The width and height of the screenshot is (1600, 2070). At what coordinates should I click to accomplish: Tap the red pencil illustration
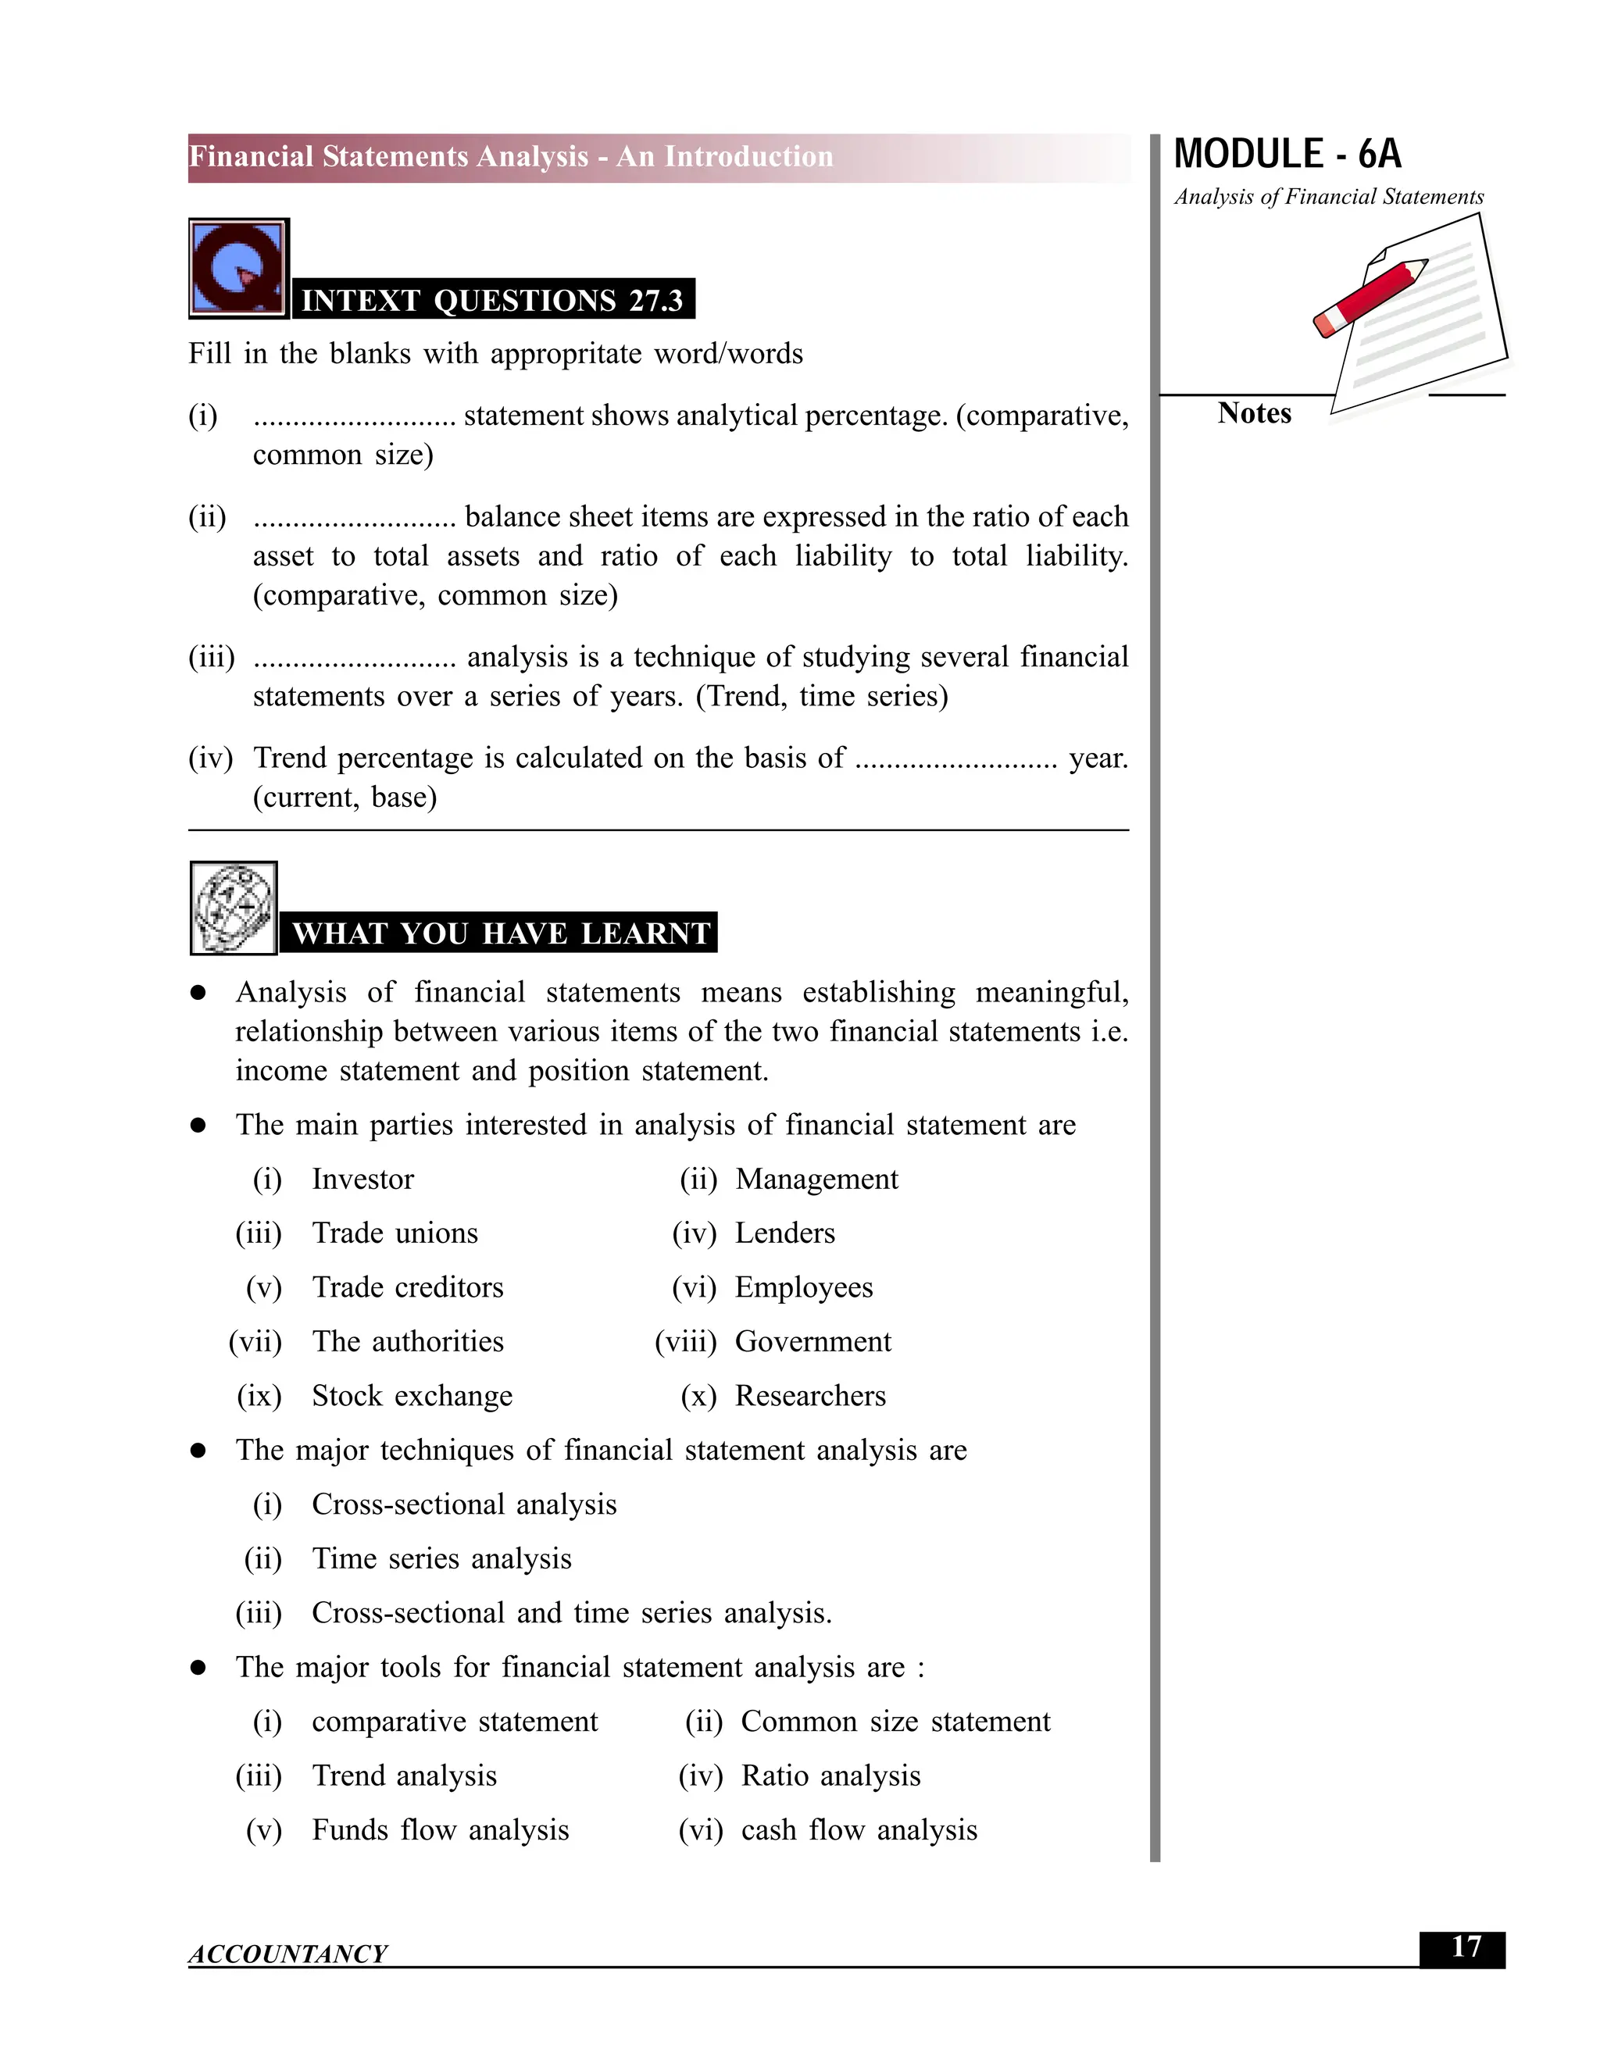click(x=1370, y=298)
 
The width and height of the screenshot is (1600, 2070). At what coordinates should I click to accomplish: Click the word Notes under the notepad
click(x=1253, y=413)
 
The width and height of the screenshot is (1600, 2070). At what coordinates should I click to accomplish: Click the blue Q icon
click(x=238, y=268)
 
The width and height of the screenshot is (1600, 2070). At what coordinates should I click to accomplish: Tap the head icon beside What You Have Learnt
click(x=233, y=907)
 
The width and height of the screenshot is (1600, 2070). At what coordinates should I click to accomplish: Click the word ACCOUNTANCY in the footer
click(x=287, y=1954)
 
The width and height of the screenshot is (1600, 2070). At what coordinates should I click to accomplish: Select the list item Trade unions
click(x=395, y=1233)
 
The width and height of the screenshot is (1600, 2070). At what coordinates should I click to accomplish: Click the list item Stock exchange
click(x=412, y=1396)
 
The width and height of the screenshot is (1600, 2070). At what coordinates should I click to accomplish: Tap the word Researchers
click(x=809, y=1396)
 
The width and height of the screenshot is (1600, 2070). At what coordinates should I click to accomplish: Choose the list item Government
click(x=812, y=1342)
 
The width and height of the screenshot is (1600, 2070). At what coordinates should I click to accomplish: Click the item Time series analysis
click(x=441, y=1559)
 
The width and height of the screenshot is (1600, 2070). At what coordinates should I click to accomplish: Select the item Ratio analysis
click(x=830, y=1776)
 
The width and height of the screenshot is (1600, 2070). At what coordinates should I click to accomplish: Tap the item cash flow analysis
click(x=858, y=1830)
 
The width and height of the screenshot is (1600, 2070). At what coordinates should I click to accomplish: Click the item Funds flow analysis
click(x=440, y=1830)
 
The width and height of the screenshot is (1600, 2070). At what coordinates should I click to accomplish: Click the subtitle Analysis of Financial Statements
click(x=1328, y=197)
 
